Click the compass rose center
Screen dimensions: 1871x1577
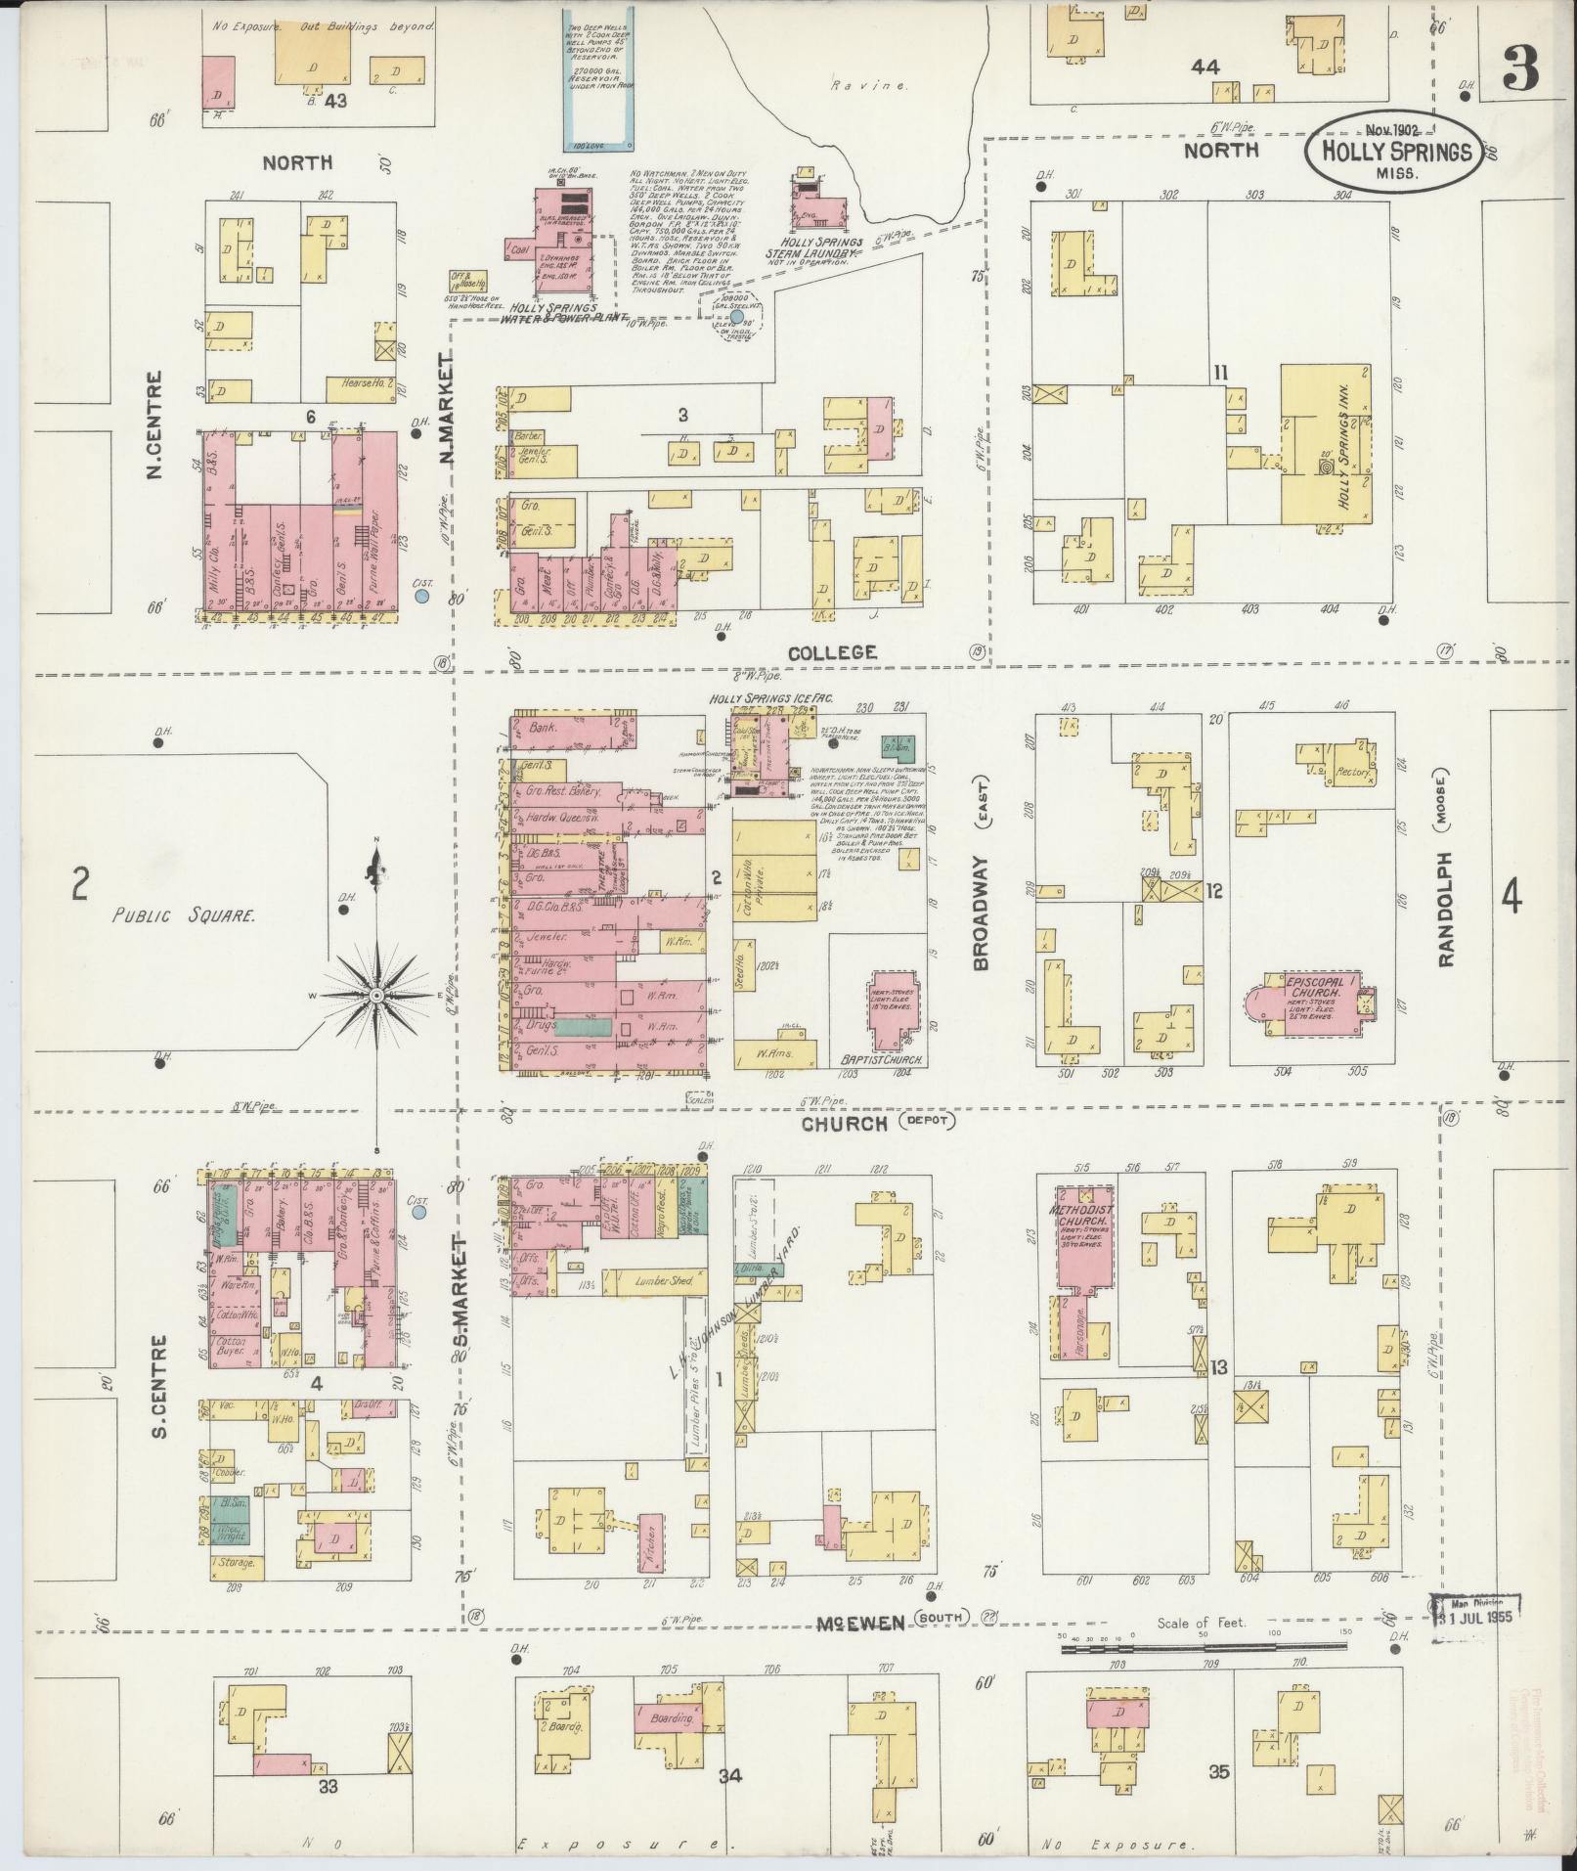[375, 994]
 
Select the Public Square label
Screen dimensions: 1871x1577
[184, 916]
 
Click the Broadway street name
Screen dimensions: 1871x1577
[982, 913]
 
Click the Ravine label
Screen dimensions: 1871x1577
[854, 86]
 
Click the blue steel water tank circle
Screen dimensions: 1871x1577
[737, 317]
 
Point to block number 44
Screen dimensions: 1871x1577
[1205, 67]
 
